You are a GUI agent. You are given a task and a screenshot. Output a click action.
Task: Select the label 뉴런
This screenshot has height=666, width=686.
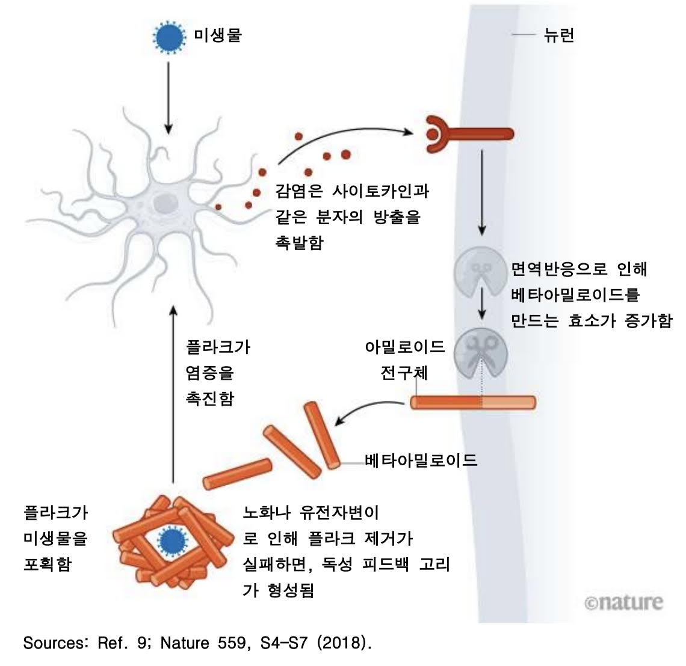(x=558, y=35)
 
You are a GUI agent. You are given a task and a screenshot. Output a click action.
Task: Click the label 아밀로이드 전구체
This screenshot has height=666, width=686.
(x=404, y=359)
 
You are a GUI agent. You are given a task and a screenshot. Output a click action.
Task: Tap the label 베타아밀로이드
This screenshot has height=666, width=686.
(x=421, y=461)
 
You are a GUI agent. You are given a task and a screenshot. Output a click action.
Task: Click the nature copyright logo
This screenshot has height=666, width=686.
(x=623, y=602)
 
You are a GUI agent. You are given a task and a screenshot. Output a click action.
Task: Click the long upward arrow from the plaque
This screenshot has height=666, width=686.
(x=173, y=391)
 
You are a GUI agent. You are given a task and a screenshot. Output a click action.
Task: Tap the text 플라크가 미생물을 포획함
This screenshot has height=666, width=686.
(x=55, y=539)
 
